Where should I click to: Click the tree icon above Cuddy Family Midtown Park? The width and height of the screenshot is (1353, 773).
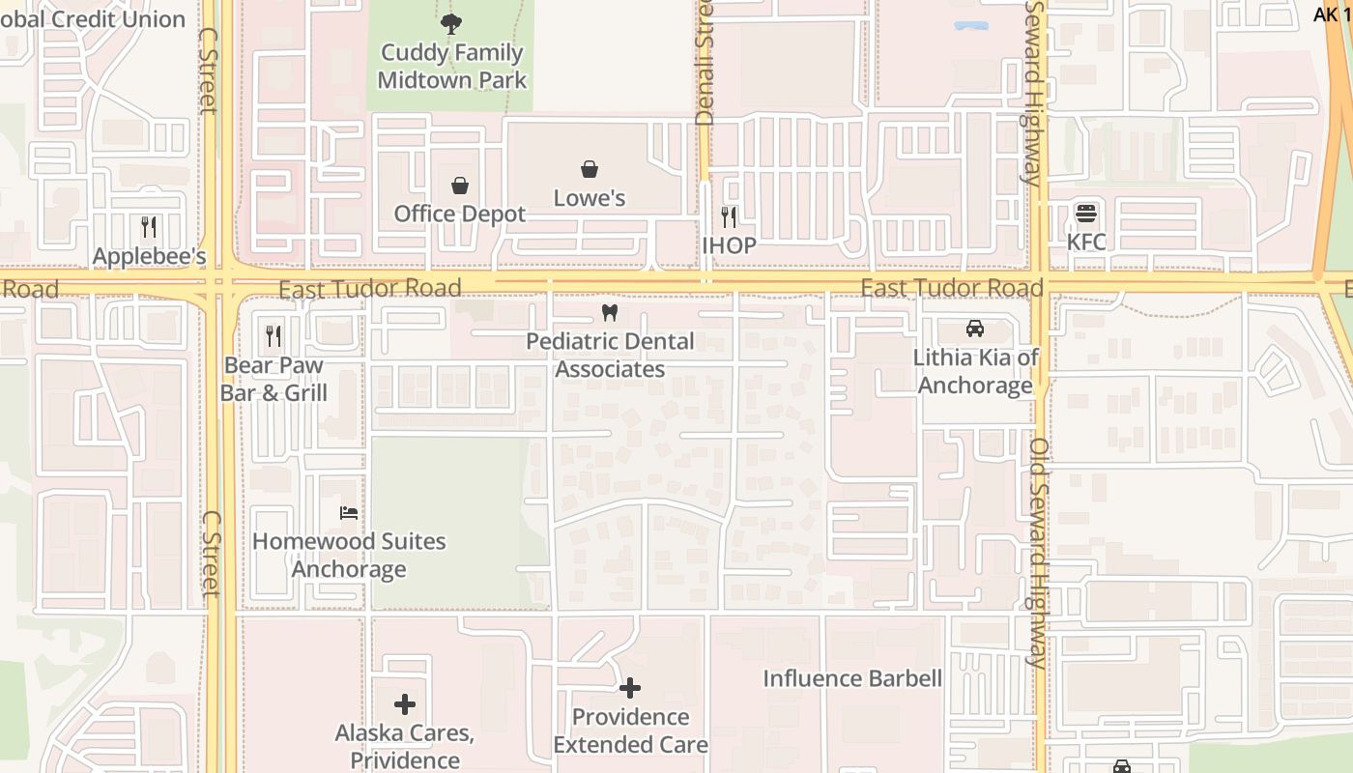(450, 24)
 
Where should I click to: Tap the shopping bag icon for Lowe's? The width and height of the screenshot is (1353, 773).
(590, 169)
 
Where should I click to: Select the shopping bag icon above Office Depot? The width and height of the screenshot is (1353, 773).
(460, 185)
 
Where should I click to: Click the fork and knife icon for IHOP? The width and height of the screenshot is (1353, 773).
(729, 216)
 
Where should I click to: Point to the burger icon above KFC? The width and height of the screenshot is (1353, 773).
(1086, 213)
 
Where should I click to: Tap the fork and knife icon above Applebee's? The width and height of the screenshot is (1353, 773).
(149, 227)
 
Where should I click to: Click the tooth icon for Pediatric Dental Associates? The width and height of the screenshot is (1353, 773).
(609, 312)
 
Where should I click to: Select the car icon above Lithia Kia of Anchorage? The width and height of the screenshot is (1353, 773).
(975, 329)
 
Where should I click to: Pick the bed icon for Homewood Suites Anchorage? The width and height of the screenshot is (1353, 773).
(349, 512)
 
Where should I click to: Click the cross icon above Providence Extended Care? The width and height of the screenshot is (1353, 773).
(630, 688)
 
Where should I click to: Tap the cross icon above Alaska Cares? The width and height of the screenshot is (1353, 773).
(405, 703)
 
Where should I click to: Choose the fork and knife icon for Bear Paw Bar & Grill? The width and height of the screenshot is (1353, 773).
(273, 336)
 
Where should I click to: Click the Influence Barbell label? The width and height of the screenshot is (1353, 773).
(852, 678)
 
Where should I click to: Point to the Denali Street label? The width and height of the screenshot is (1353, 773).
(704, 63)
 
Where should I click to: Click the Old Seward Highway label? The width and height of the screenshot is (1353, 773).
(1038, 553)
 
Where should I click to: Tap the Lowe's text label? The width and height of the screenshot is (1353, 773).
(590, 198)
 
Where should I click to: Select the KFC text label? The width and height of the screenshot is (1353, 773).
(1086, 242)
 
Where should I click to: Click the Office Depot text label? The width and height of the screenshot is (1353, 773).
(460, 214)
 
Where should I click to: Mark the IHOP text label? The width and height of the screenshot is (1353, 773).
(729, 245)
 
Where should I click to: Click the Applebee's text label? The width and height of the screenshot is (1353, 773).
(149, 256)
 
